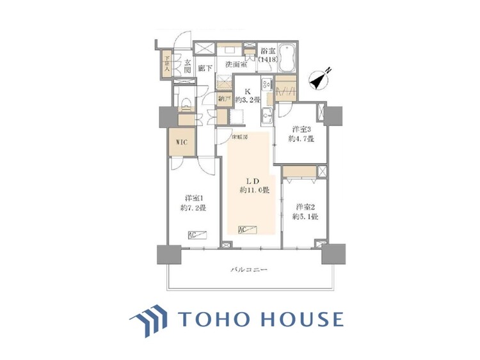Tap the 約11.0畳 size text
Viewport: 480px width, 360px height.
tap(254, 190)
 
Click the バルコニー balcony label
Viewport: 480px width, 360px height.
tap(249, 270)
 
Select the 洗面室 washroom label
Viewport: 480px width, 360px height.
tap(236, 64)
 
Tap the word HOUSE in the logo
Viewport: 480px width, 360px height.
tap(303, 319)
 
